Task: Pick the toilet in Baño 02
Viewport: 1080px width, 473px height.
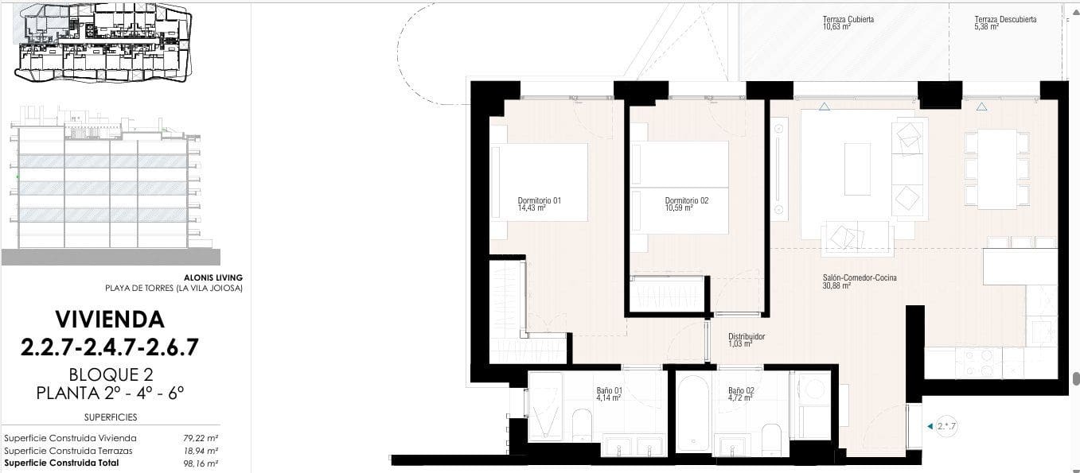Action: [x=771, y=438]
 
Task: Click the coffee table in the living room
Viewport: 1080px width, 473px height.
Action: [x=857, y=169]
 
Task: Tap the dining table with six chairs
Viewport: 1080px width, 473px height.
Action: [x=996, y=169]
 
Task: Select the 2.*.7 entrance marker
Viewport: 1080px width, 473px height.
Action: [x=945, y=426]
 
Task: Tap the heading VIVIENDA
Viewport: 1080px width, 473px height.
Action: [x=110, y=320]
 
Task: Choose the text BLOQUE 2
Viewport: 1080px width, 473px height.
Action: [x=111, y=374]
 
